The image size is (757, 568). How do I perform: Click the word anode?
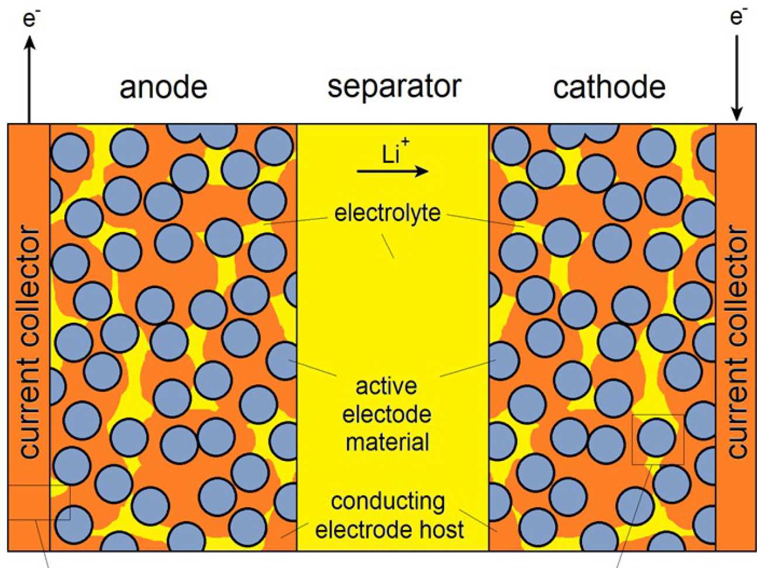click(163, 87)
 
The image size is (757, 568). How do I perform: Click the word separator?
click(394, 87)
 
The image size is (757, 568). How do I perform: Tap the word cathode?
click(609, 87)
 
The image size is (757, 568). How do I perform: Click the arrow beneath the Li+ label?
click(393, 171)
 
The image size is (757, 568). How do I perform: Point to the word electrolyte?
click(387, 213)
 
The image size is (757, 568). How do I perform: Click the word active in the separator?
click(386, 386)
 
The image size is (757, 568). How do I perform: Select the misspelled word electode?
click(387, 414)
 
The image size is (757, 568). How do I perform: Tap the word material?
click(387, 442)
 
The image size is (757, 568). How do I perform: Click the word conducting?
click(387, 501)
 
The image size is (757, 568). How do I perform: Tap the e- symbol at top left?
click(30, 19)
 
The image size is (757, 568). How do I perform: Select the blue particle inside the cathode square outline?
click(656, 439)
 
